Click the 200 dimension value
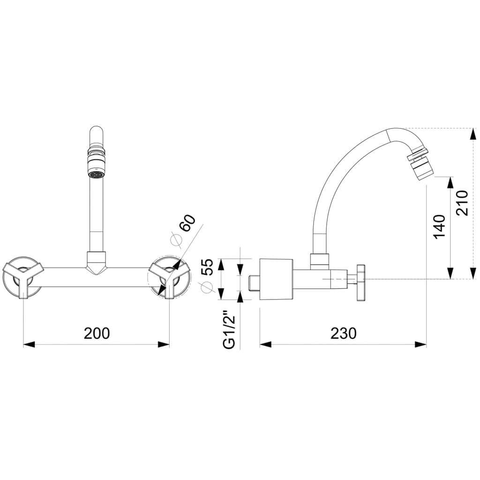click(x=97, y=333)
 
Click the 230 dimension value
click(x=344, y=333)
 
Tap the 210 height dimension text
click(x=462, y=203)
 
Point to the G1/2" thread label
click(x=229, y=330)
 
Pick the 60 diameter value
click(x=187, y=223)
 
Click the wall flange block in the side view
click(x=276, y=279)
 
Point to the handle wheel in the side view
click(x=361, y=283)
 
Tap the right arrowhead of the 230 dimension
click(x=420, y=345)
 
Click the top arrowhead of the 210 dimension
click(x=473, y=134)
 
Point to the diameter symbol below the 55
click(x=206, y=287)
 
